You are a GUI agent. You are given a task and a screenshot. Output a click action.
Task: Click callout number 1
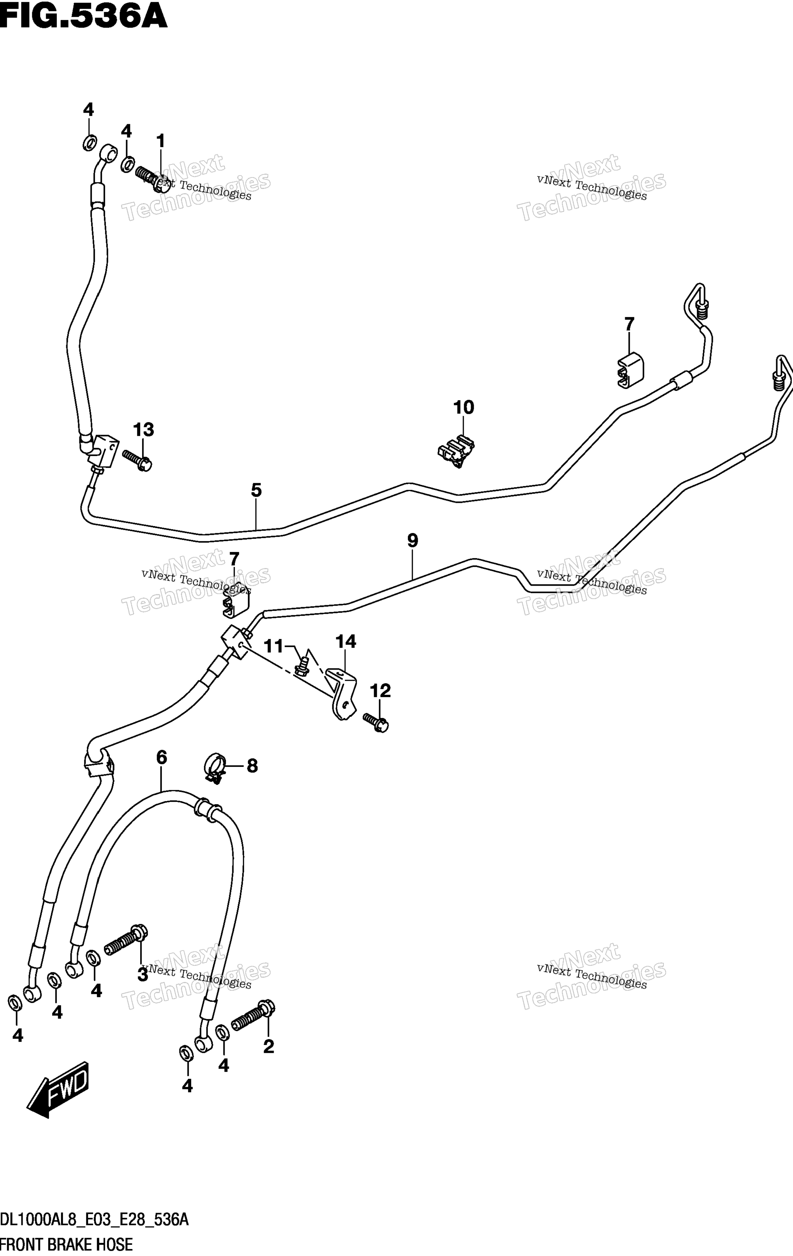pyautogui.click(x=161, y=141)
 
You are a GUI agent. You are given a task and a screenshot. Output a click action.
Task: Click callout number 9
pyautogui.click(x=413, y=540)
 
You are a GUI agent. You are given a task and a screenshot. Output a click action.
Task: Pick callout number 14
pyautogui.click(x=346, y=642)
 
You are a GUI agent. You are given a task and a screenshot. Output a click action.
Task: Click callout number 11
pyautogui.click(x=273, y=647)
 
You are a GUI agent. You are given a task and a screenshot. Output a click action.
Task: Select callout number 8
pyautogui.click(x=253, y=766)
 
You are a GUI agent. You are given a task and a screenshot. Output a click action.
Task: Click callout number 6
pyautogui.click(x=161, y=757)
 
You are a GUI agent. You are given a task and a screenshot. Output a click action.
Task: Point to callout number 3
pyautogui.click(x=143, y=974)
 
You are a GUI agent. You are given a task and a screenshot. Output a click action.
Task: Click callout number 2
pyautogui.click(x=269, y=1046)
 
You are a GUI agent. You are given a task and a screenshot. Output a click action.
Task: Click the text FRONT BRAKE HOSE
pyautogui.click(x=66, y=1245)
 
